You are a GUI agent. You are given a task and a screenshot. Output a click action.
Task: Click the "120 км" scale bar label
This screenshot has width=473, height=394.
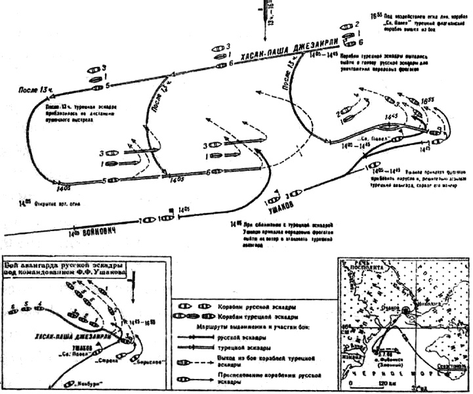[x=380, y=383]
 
